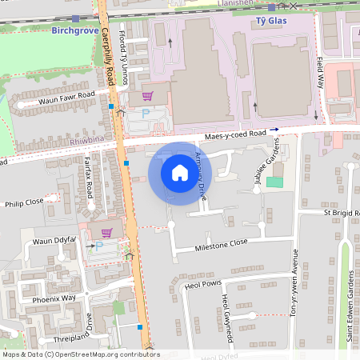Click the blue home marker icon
tap(180, 173)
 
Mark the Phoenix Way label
tap(54, 298)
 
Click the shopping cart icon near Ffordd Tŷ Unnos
tap(146, 95)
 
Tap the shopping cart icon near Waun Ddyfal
tap(106, 232)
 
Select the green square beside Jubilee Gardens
tap(274, 182)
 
